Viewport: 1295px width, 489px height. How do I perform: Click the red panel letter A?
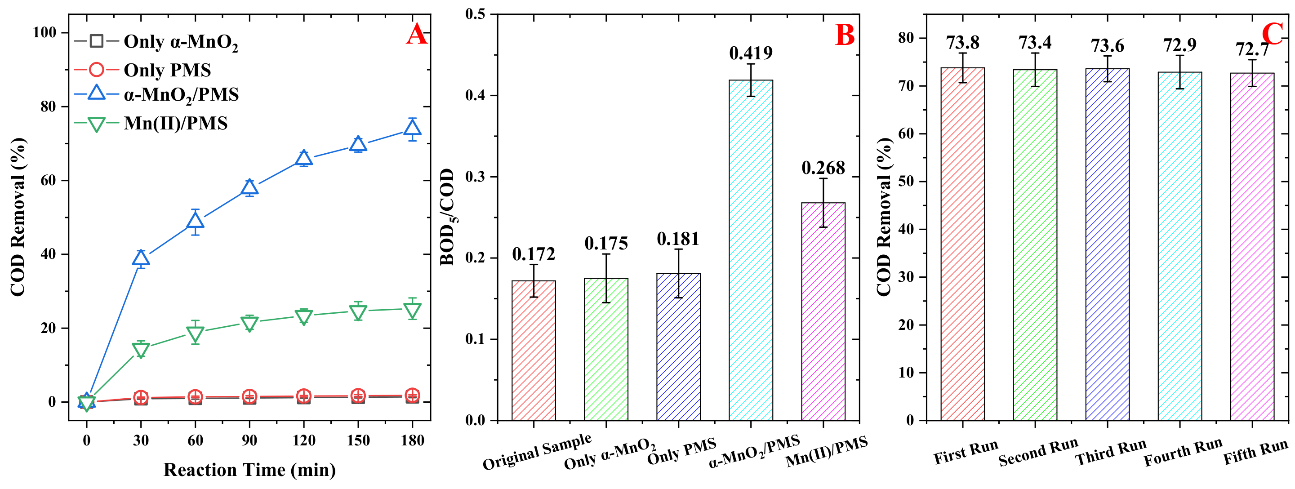[417, 35]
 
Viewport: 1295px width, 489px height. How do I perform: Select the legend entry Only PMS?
[167, 70]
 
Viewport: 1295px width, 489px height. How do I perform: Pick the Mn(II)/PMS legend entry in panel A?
[175, 123]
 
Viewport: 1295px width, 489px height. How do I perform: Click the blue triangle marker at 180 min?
[412, 129]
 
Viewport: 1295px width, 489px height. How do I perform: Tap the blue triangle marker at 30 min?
[141, 258]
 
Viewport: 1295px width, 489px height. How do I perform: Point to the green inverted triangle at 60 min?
[195, 333]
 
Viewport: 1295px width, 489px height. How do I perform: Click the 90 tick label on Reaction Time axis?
[249, 441]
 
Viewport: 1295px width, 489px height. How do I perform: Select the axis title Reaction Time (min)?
[249, 470]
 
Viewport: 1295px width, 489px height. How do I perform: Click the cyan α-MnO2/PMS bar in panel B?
[751, 251]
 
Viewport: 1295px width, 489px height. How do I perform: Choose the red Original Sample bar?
[534, 352]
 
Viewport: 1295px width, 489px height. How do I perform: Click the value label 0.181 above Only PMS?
[678, 239]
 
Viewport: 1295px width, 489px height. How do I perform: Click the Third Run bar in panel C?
[1107, 246]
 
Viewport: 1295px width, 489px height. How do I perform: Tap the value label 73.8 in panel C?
[962, 43]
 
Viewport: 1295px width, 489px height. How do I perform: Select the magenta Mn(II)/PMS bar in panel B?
[823, 311]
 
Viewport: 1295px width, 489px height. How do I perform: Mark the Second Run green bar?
[1035, 246]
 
